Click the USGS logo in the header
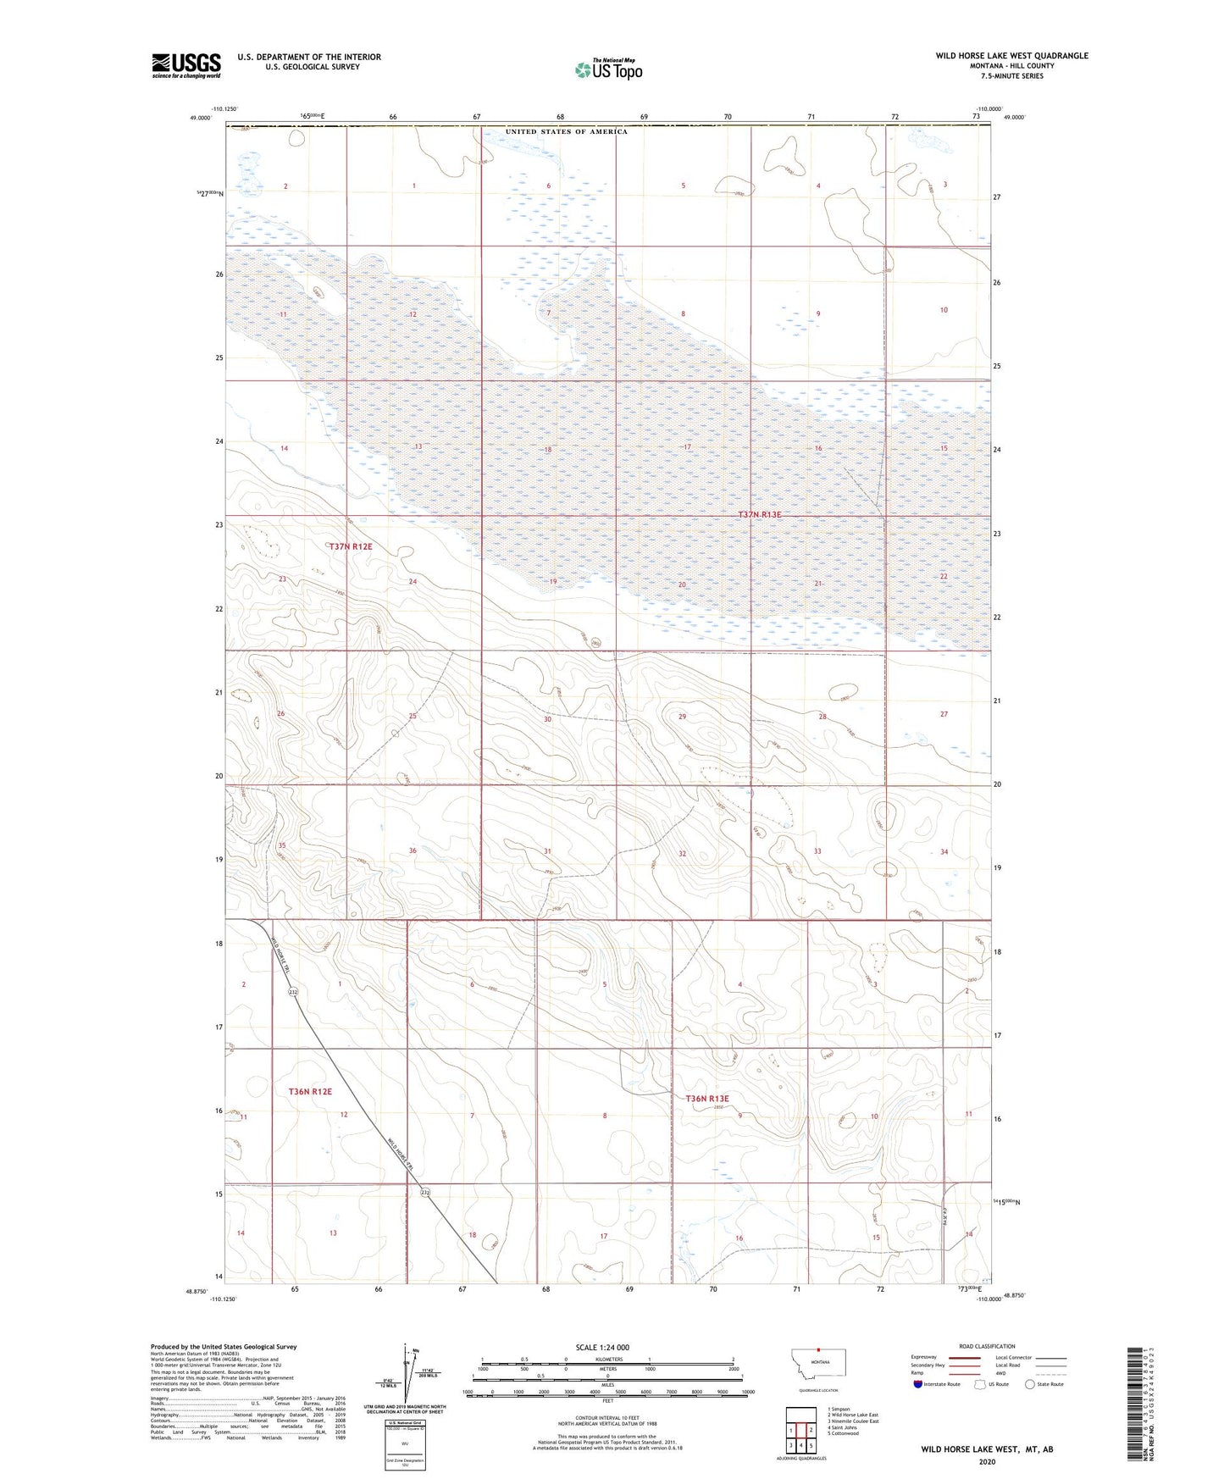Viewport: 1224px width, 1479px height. [186, 65]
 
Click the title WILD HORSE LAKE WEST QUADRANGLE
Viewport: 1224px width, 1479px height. [1011, 56]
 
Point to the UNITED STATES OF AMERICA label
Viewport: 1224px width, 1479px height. [567, 132]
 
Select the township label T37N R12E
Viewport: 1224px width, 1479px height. [351, 546]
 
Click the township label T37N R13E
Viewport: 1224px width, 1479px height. [759, 514]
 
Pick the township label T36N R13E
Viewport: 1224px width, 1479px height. [707, 1099]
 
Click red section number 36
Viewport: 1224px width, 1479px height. [413, 850]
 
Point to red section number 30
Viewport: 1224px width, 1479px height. [547, 719]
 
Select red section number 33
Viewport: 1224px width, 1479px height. [817, 851]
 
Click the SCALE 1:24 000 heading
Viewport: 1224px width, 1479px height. [602, 1347]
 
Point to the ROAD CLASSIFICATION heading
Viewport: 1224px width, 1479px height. [987, 1346]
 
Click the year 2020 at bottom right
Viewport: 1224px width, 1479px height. [987, 1462]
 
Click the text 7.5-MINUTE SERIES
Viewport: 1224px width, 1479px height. [1011, 76]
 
